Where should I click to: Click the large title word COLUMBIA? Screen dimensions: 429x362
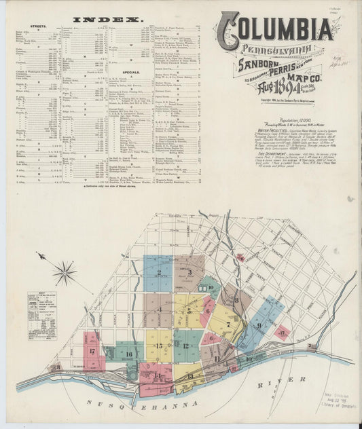(276, 28)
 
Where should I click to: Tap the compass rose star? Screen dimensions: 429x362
(65, 273)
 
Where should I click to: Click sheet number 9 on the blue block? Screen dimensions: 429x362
(258, 324)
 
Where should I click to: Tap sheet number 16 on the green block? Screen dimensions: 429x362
(127, 354)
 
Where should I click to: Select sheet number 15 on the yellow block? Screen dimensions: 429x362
(158, 346)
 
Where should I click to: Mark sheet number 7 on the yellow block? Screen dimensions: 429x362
(229, 324)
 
